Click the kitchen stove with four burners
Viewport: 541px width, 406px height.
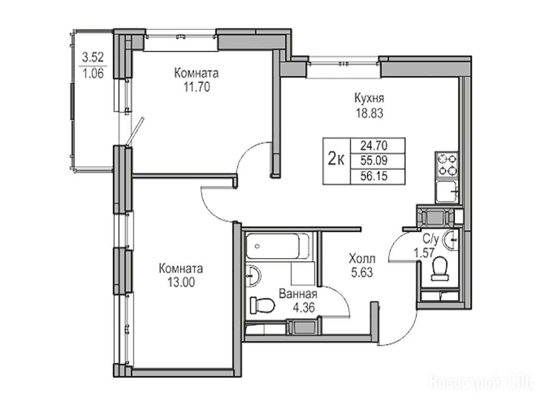coord(446,165)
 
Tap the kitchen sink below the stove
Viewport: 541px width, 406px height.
coord(446,192)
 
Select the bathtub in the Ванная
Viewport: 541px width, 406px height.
coord(278,246)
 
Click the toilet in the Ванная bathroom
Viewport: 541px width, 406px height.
coord(262,305)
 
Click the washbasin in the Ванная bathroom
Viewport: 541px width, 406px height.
coord(253,275)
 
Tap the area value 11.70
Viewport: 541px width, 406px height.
coord(197,88)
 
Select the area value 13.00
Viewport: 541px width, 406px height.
coord(181,282)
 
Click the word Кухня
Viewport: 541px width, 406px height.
coord(369,99)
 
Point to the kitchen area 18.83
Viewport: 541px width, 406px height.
coord(370,114)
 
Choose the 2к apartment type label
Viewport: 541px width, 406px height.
coord(336,159)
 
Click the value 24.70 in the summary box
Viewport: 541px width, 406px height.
coord(374,146)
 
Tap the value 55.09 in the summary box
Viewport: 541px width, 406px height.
coord(374,161)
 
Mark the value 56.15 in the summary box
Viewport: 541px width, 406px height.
coord(374,176)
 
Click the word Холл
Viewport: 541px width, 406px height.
coord(362,258)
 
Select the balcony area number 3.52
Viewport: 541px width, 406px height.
coord(93,57)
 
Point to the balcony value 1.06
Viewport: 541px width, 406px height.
coord(93,73)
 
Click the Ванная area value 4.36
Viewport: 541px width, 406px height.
coord(304,307)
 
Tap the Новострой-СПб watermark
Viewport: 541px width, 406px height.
coord(481,383)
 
